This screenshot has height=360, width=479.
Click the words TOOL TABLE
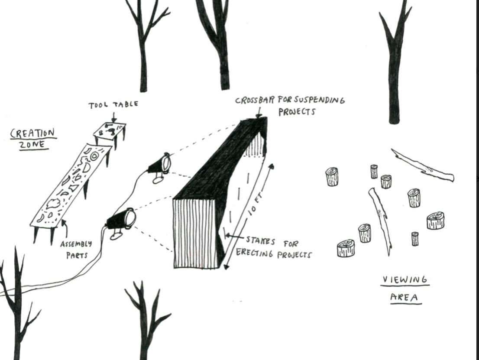pyautogui.click(x=113, y=105)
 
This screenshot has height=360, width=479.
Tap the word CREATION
pyautogui.click(x=33, y=133)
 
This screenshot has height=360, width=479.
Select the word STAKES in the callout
pyautogui.click(x=260, y=240)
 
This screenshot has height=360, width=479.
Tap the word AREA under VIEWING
pyautogui.click(x=405, y=297)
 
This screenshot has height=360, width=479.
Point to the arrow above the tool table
pyautogui.click(x=113, y=116)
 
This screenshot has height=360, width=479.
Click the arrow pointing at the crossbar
pyautogui.click(x=259, y=113)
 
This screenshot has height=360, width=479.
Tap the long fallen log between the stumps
pyautogui.click(x=381, y=219)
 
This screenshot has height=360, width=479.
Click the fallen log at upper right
pyautogui.click(x=423, y=165)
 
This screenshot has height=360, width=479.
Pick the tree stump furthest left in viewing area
pyautogui.click(x=332, y=177)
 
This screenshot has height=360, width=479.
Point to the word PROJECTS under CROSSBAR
pyautogui.click(x=296, y=112)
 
